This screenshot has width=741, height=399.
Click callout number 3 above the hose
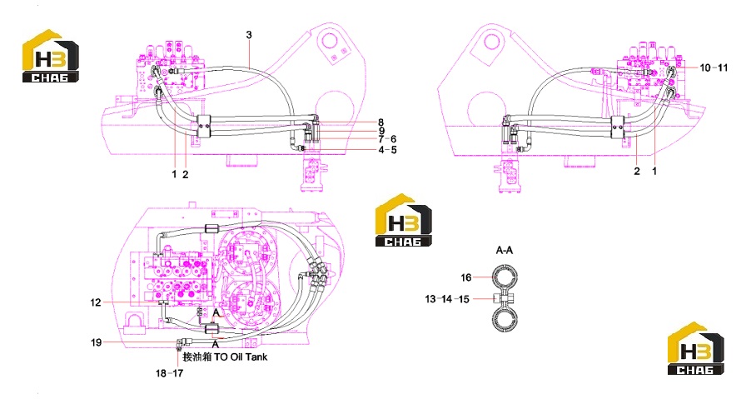pyautogui.click(x=249, y=35)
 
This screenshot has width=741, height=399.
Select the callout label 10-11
pyautogui.click(x=714, y=68)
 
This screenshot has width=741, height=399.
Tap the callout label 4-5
pyautogui.click(x=387, y=150)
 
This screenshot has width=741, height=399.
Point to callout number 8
pyautogui.click(x=380, y=122)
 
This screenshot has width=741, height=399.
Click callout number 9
pyautogui.click(x=381, y=131)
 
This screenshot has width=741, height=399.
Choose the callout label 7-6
pyautogui.click(x=387, y=139)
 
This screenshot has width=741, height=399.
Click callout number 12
pyautogui.click(x=96, y=302)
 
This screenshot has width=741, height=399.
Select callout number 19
pyautogui.click(x=96, y=342)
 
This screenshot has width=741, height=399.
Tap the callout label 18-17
pyautogui.click(x=169, y=373)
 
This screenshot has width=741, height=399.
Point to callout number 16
pyautogui.click(x=466, y=277)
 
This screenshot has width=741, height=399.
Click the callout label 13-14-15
pyautogui.click(x=447, y=299)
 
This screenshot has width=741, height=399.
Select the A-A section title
pyautogui.click(x=505, y=250)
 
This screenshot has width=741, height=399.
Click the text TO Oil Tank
pyautogui.click(x=241, y=357)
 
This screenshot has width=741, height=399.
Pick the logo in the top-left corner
pyautogui.click(x=51, y=56)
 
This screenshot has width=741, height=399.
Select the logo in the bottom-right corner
pyautogui.click(x=696, y=348)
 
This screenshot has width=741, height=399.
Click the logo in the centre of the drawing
pyautogui.click(x=404, y=220)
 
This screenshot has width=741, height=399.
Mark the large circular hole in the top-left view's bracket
pyautogui.click(x=329, y=39)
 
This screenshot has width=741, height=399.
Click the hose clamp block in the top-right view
pyautogui.click(x=617, y=127)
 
